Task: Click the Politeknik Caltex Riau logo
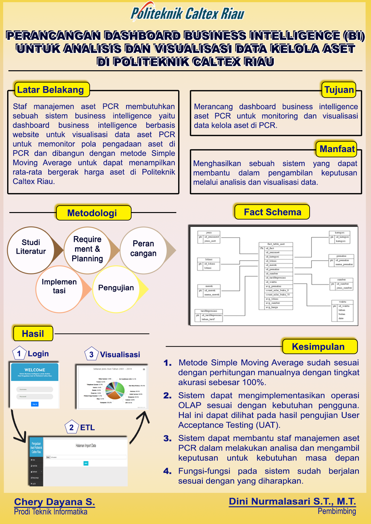[x=187, y=12]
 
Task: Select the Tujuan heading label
[x=339, y=90]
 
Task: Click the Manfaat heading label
[x=337, y=149]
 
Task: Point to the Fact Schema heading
[x=272, y=212]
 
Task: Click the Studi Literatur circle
[x=31, y=250]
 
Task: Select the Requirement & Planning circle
[x=88, y=250]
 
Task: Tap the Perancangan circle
[x=143, y=250]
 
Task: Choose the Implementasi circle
[x=59, y=289]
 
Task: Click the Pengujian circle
[x=116, y=289]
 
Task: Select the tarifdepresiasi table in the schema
[x=209, y=315]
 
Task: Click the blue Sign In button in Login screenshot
[x=35, y=404]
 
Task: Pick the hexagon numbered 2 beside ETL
[x=72, y=427]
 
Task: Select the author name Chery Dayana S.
[x=55, y=502]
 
